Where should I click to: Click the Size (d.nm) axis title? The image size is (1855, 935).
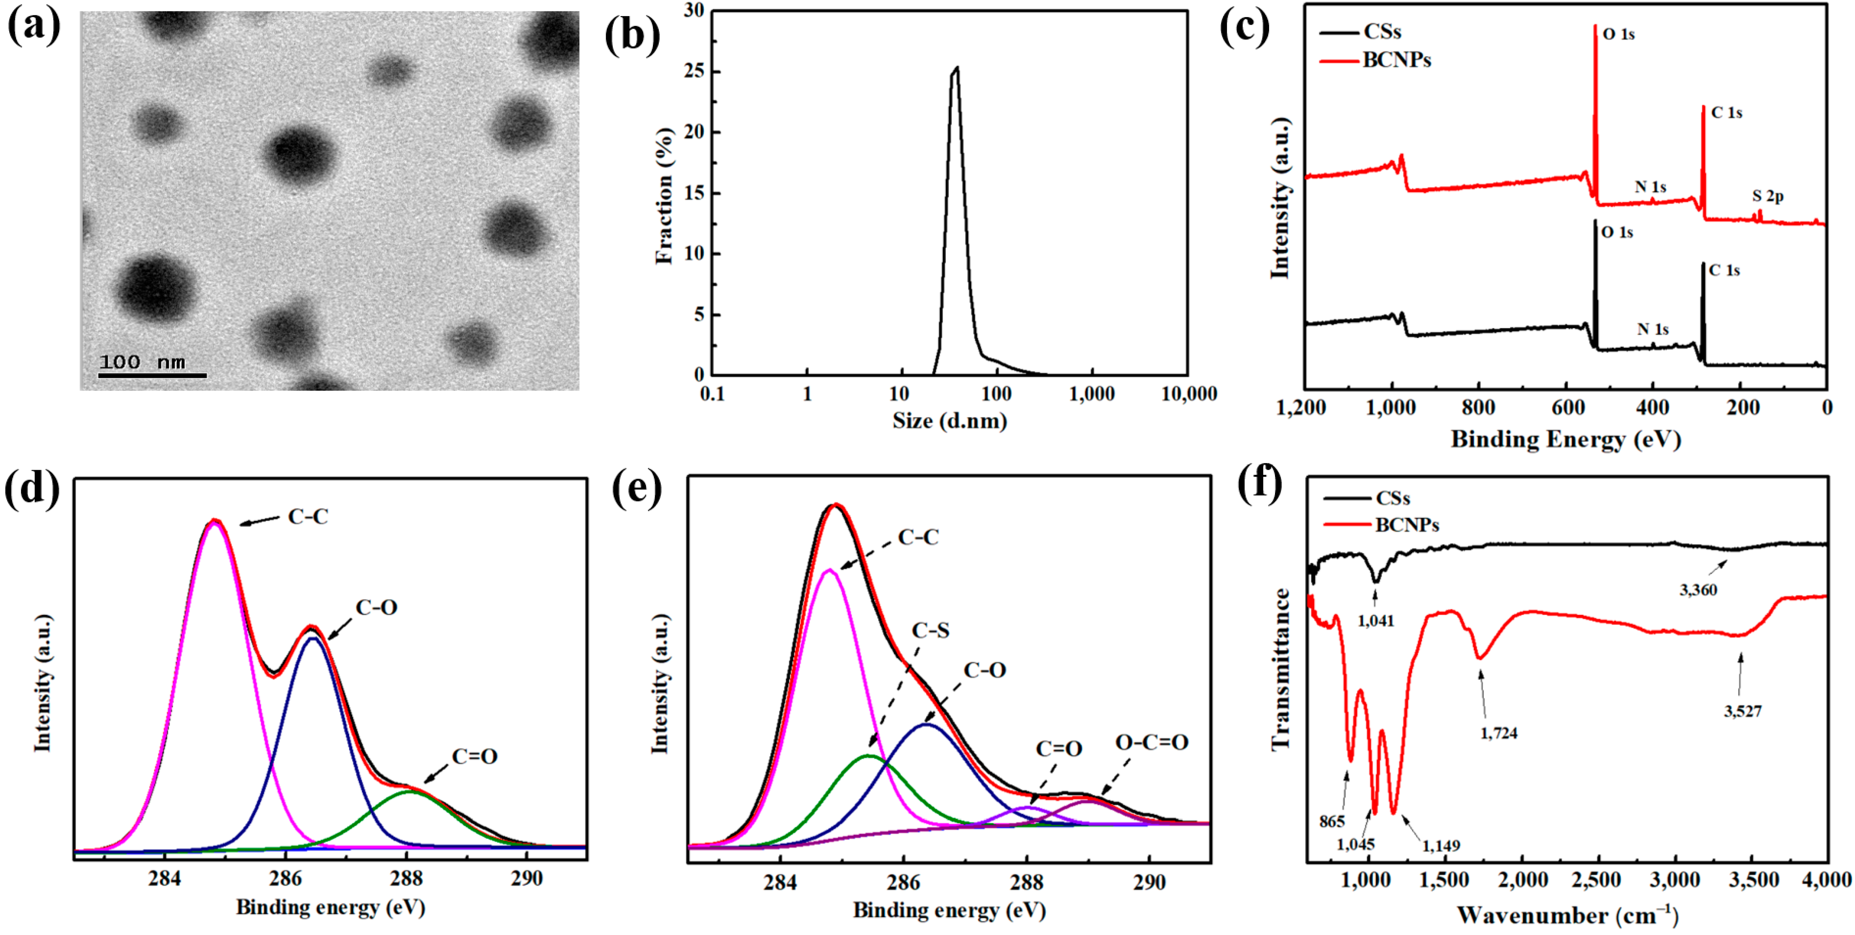(949, 420)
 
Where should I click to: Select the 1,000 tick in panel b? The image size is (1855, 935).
(1092, 395)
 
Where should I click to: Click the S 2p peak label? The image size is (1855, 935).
(1768, 196)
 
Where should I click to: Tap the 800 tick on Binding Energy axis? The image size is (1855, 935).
(1478, 408)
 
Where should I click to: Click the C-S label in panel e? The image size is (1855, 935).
(930, 631)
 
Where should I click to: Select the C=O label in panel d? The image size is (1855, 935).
(474, 757)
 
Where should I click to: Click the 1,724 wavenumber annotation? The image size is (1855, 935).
(1499, 733)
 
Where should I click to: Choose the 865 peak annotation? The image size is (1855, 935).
(1332, 821)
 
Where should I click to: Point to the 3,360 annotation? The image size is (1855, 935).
(1698, 590)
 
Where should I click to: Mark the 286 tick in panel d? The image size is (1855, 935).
(286, 879)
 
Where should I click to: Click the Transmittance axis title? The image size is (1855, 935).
(1281, 669)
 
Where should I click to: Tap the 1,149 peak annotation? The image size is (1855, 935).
(1441, 846)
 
